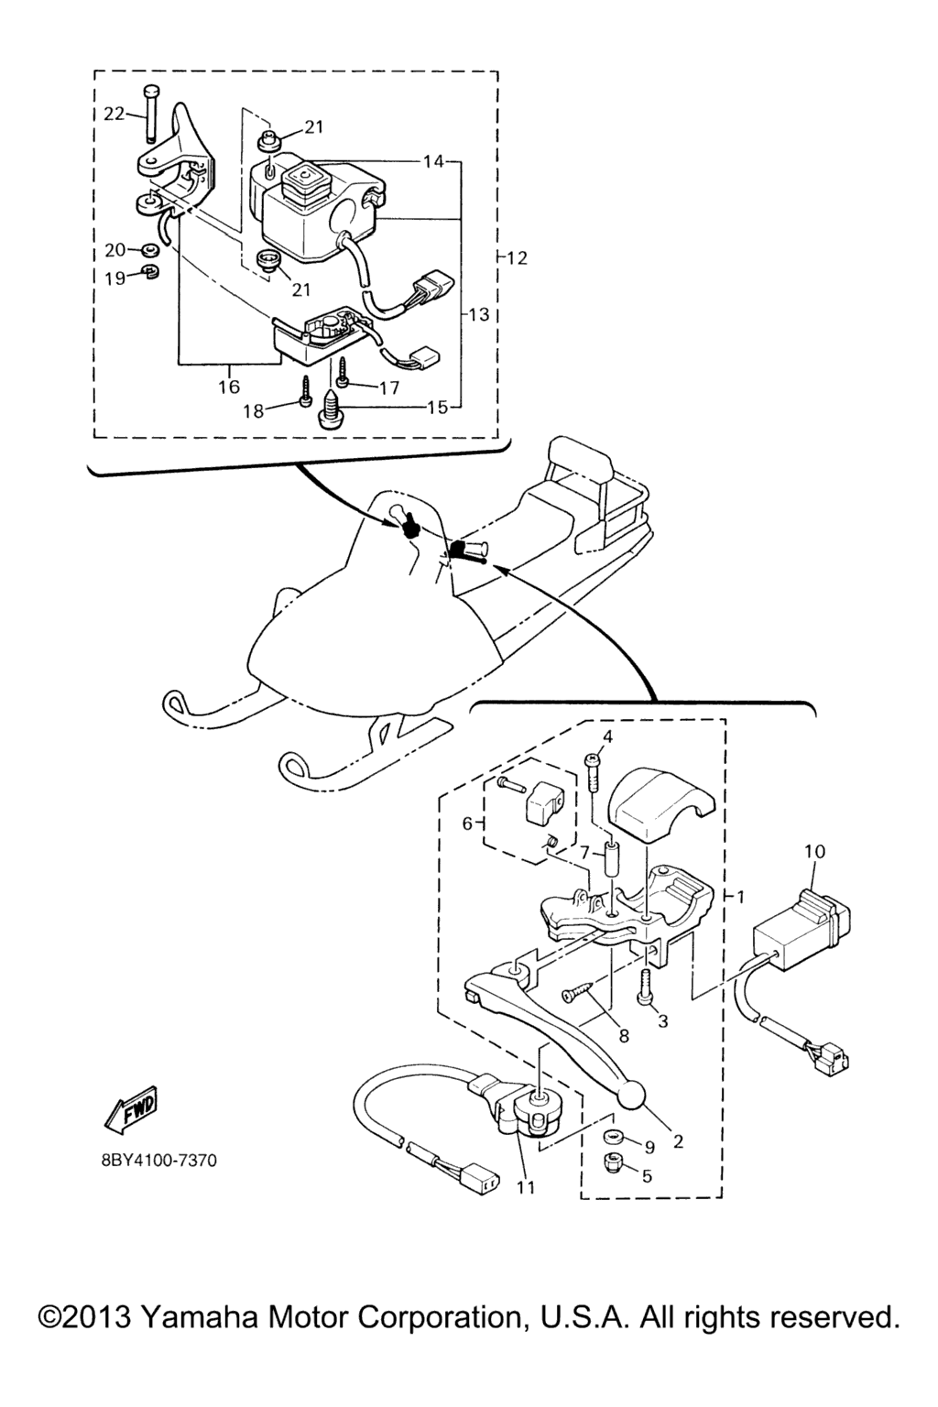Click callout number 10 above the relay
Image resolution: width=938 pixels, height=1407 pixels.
click(814, 852)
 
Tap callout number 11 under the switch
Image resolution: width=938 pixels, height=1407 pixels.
click(525, 1189)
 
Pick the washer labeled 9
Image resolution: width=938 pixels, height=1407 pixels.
click(611, 1138)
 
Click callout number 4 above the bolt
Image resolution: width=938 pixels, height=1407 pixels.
click(607, 736)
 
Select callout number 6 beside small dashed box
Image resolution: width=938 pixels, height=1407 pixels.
click(467, 823)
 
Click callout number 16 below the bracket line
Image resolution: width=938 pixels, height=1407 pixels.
click(229, 387)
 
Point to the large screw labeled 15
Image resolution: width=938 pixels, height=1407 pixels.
click(328, 409)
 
